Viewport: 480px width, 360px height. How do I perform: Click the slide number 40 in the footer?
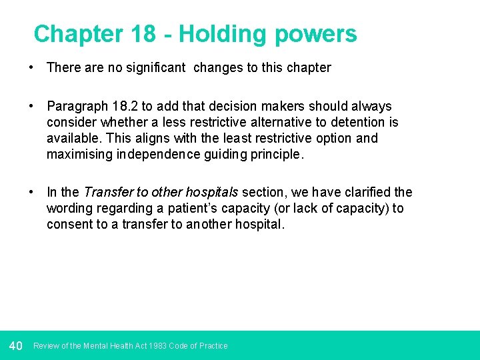pyautogui.click(x=16, y=345)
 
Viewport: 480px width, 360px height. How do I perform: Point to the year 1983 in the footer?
pyautogui.click(x=158, y=346)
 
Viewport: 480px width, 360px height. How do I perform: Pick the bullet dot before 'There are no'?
pyautogui.click(x=31, y=67)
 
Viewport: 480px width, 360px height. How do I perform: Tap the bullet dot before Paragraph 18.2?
pyautogui.click(x=31, y=106)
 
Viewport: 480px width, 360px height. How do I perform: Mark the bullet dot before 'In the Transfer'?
pyautogui.click(x=31, y=192)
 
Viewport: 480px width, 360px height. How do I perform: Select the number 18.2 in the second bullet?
pyautogui.click(x=121, y=106)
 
